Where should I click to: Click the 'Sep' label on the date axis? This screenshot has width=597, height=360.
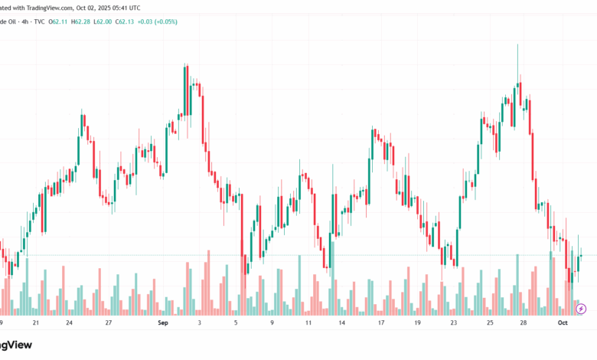click(162, 324)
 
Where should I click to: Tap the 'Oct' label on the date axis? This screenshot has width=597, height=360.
click(563, 324)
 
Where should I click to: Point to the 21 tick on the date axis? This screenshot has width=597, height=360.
click(35, 324)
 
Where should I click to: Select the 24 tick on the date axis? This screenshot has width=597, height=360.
click(69, 324)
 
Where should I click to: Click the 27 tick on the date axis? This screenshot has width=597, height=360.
click(108, 324)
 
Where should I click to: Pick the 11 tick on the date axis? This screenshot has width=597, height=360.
click(308, 324)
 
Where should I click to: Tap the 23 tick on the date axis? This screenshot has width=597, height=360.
click(453, 324)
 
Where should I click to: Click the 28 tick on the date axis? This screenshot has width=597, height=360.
click(523, 324)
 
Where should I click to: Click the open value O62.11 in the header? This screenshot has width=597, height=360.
click(58, 21)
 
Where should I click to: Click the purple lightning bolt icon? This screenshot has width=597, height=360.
click(581, 309)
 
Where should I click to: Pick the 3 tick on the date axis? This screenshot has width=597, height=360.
click(199, 324)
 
